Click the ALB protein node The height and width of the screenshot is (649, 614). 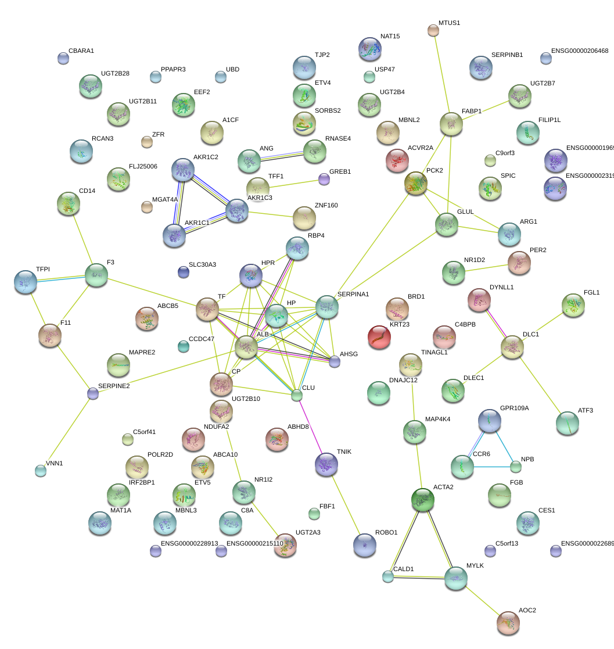(x=246, y=346)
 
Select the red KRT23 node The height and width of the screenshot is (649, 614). (x=379, y=337)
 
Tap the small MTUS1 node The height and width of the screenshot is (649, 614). (x=433, y=30)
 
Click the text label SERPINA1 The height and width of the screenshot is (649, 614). (x=353, y=295)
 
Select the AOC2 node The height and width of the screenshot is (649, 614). (x=508, y=622)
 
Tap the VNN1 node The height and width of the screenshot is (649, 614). (x=40, y=471)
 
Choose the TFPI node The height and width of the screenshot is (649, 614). (x=25, y=281)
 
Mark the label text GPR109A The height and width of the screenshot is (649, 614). (x=514, y=408)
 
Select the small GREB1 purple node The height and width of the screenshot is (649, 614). (x=324, y=179)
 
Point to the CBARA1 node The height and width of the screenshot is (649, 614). (x=63, y=58)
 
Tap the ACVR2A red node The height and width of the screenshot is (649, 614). (x=397, y=160)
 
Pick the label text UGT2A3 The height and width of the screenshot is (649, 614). (x=308, y=532)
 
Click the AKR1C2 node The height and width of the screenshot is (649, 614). (x=183, y=170)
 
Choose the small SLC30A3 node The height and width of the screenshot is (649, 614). (x=183, y=271)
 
